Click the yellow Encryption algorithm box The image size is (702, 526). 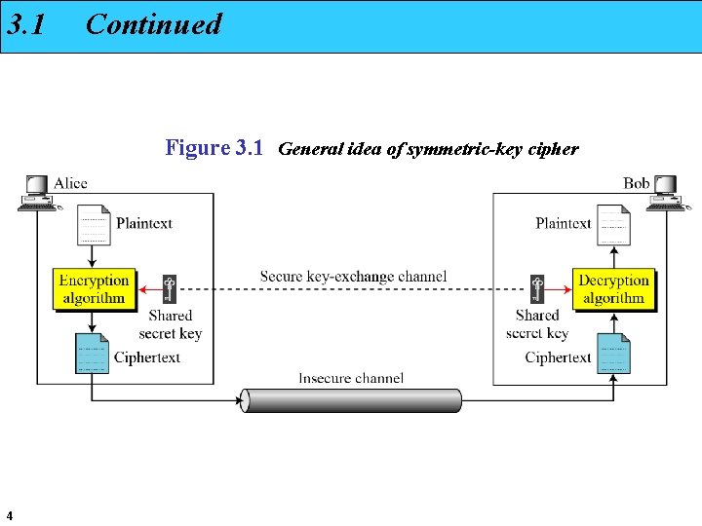[x=94, y=289]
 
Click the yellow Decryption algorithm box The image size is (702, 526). [x=613, y=289]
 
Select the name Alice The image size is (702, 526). [x=70, y=183]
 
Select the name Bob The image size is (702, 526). [x=636, y=183]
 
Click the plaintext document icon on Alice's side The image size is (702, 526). [x=94, y=225]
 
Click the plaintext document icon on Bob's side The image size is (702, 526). [x=613, y=225]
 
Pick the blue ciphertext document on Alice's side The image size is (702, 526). [x=93, y=354]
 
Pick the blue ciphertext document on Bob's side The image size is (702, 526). [x=614, y=354]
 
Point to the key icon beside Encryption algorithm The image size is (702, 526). [x=170, y=288]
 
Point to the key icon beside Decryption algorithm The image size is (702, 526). [x=536, y=288]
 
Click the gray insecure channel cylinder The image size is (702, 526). [x=351, y=400]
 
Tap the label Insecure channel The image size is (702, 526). [x=351, y=378]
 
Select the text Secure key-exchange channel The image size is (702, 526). [x=353, y=277]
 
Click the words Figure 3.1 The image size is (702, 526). [x=214, y=148]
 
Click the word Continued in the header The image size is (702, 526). [x=154, y=24]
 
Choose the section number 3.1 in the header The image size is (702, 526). [x=26, y=24]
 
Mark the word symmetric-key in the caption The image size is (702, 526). [x=447, y=150]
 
